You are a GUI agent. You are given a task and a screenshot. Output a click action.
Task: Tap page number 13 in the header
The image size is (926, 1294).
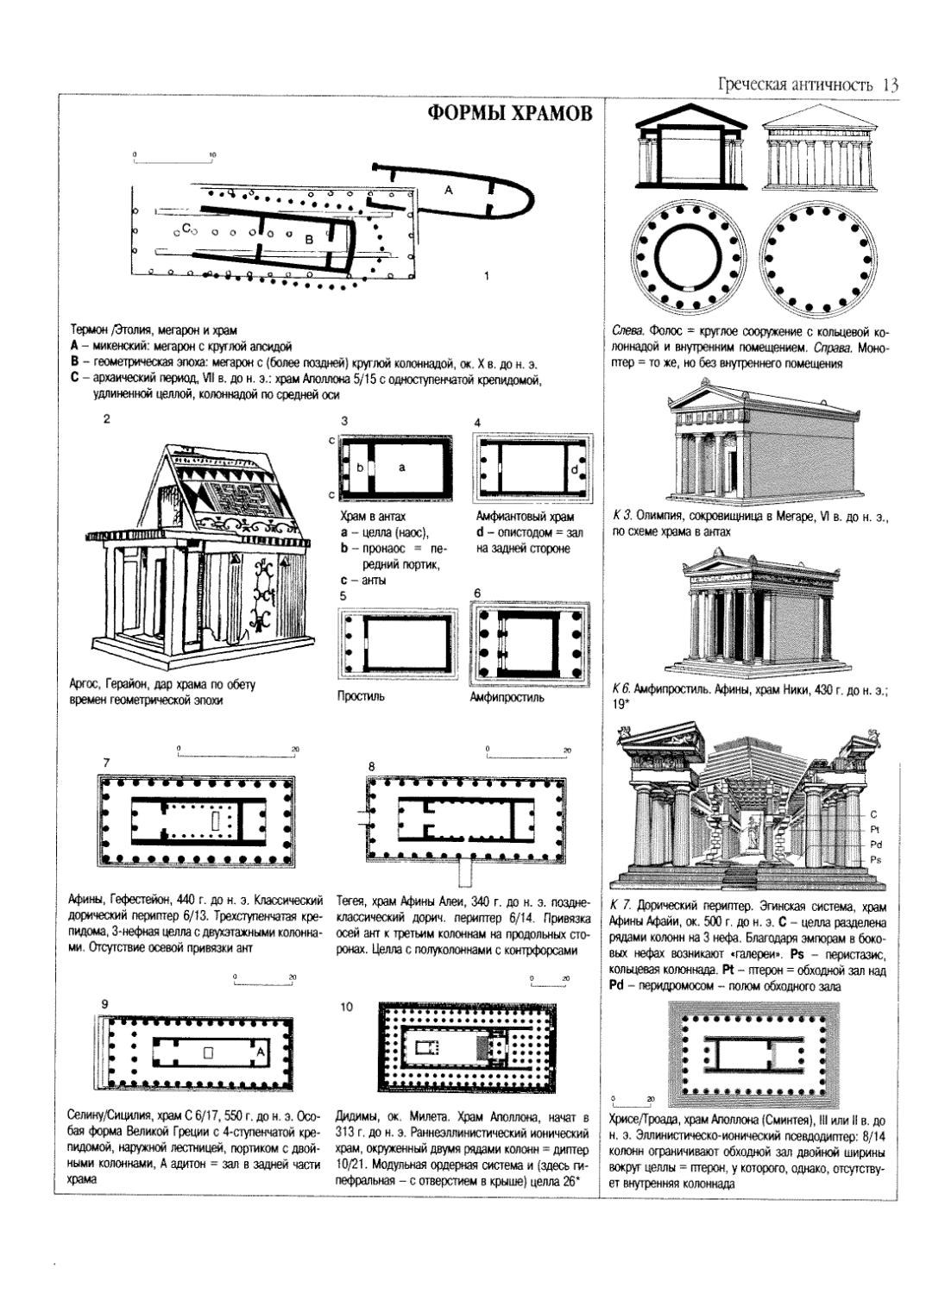pos(891,85)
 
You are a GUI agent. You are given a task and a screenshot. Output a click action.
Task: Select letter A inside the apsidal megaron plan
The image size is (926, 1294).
pos(448,190)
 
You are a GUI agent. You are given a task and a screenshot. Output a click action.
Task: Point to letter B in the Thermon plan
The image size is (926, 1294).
pos(308,238)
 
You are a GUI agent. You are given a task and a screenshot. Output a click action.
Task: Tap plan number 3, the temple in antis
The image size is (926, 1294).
pos(396,467)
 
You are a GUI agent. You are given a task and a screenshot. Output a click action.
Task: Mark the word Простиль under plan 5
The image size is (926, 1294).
pos(361,696)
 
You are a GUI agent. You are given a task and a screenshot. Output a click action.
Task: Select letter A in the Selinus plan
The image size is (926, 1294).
pos(261,1050)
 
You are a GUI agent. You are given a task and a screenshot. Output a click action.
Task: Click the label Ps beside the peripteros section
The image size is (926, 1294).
pos(875,860)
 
